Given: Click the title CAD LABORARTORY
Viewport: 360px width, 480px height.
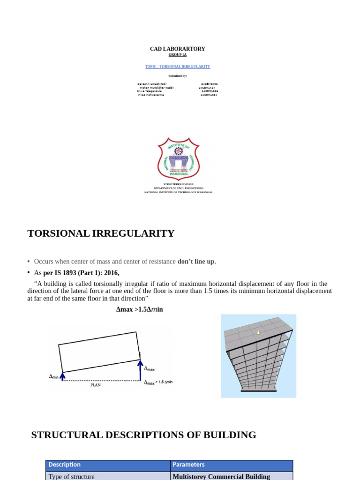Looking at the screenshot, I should (x=177, y=49).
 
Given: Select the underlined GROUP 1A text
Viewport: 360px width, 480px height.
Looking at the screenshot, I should (x=177, y=55).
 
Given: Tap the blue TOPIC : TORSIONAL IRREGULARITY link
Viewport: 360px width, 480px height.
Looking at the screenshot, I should (x=177, y=67).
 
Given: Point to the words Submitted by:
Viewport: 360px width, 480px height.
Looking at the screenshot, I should (x=177, y=75).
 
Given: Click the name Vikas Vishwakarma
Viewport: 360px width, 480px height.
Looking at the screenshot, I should (x=151, y=95).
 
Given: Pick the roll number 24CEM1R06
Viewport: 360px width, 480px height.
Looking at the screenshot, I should (x=209, y=83).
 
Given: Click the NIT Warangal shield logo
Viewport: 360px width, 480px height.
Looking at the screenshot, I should (x=178, y=158).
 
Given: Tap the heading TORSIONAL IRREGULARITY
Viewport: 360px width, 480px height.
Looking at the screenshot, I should (x=101, y=233).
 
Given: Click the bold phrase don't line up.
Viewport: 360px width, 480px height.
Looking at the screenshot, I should (x=196, y=262).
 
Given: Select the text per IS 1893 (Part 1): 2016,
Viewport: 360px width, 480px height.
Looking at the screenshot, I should (x=81, y=273).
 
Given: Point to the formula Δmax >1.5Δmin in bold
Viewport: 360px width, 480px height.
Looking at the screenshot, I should (x=139, y=309).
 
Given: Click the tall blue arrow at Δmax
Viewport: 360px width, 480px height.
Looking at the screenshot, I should (x=139, y=369).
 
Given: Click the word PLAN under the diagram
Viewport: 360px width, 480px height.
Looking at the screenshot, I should (x=95, y=385).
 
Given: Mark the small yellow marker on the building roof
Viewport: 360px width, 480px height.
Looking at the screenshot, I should (x=258, y=332).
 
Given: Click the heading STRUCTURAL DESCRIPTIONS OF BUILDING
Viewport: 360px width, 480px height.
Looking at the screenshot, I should (x=143, y=435).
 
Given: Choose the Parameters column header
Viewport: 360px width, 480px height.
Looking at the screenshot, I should (x=188, y=465).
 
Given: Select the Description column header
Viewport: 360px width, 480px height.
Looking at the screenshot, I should (x=64, y=465).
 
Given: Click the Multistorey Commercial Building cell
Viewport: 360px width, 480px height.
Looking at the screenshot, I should (x=221, y=476).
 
